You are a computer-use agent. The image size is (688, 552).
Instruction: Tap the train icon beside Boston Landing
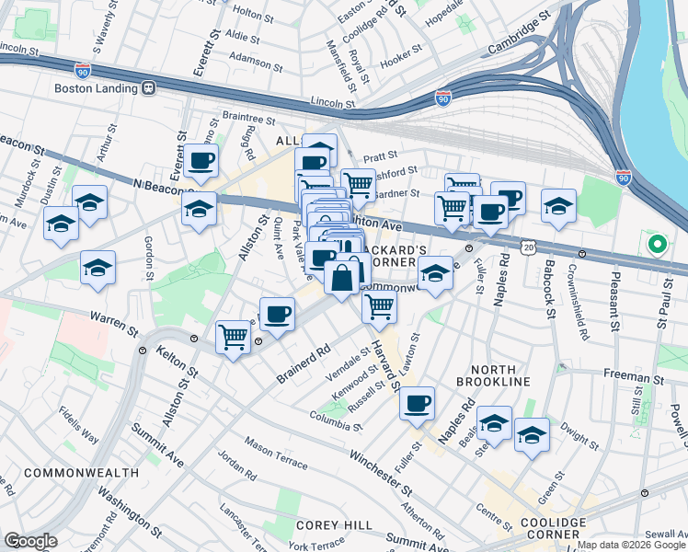pos(148,88)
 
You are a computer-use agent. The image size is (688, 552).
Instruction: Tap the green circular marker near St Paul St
pos(656,245)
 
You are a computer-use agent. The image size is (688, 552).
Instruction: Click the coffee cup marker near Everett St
pos(201,162)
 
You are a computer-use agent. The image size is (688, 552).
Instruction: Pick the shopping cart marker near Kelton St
pos(233,338)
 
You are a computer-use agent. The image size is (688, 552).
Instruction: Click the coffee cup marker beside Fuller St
pos(417,403)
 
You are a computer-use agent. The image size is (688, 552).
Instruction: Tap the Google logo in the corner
pos(29,541)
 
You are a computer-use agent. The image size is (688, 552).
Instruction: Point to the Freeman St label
pos(633,377)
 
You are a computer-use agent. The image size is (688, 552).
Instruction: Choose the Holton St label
pos(248,12)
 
